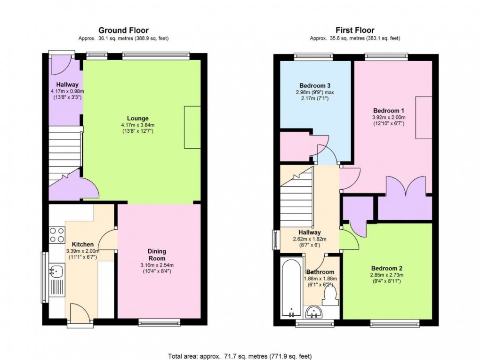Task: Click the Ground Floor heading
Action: pos(124,31)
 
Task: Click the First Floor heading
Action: pos(355,31)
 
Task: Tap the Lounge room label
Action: pos(138,118)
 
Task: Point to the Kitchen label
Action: pos(82,244)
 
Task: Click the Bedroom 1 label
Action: pos(388,110)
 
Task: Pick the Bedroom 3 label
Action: pos(315,85)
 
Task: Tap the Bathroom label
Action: pos(320,272)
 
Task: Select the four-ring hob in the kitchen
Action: pos(57,234)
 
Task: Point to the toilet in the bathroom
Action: pos(331,295)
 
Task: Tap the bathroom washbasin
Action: pos(313,312)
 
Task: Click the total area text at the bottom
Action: pos(240,356)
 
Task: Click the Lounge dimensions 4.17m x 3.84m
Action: pos(138,125)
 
